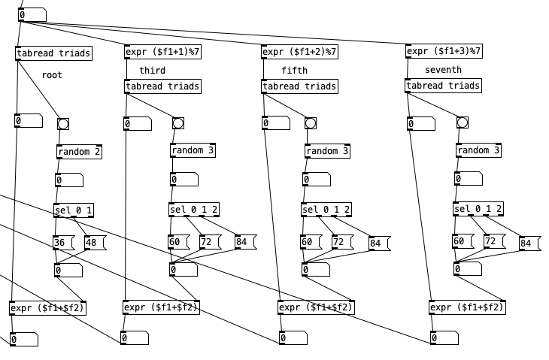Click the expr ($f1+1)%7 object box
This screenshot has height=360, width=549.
(162, 52)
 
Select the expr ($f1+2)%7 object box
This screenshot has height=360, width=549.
(299, 52)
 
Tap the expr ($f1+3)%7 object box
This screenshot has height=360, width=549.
(444, 51)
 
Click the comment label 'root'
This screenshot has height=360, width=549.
(52, 75)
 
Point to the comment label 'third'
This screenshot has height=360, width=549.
(153, 71)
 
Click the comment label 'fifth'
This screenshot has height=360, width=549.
(295, 71)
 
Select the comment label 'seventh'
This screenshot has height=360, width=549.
(444, 70)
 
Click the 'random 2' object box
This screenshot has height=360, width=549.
(79, 151)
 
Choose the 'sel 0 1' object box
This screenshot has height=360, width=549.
(74, 210)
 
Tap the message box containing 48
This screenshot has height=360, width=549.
(95, 243)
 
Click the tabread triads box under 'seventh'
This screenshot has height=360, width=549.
(443, 86)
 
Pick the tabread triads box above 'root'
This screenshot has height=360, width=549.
(53, 53)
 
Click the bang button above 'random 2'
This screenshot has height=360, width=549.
(63, 123)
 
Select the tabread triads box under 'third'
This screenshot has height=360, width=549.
(162, 86)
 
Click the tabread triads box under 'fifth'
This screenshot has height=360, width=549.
(299, 86)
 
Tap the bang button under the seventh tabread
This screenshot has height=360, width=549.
(462, 123)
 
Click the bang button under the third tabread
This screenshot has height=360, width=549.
(177, 123)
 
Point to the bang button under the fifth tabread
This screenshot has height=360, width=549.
(311, 123)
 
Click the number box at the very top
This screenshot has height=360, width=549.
(32, 15)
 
